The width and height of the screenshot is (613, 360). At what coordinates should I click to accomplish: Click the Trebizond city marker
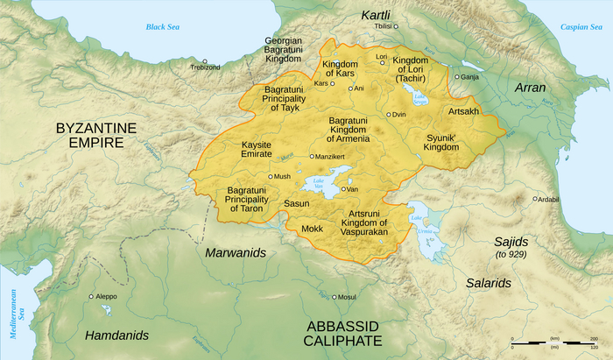coord(193,63)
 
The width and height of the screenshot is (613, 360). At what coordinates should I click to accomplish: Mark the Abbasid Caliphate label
coord(343,333)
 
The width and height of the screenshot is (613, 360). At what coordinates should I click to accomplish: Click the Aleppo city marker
coord(91,296)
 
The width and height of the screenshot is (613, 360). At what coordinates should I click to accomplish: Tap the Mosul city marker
coord(334,296)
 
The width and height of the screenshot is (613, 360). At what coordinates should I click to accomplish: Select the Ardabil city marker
coord(535,199)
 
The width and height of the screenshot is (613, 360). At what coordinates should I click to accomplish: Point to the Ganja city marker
coord(455,76)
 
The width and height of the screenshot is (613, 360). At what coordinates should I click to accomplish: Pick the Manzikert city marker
coord(312,157)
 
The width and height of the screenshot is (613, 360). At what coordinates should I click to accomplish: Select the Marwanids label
coord(235,252)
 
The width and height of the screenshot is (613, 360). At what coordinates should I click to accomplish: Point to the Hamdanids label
coord(116,335)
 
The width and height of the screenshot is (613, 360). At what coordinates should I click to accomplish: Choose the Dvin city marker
coord(389,115)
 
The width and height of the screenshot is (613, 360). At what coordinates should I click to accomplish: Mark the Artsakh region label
coord(463,112)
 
